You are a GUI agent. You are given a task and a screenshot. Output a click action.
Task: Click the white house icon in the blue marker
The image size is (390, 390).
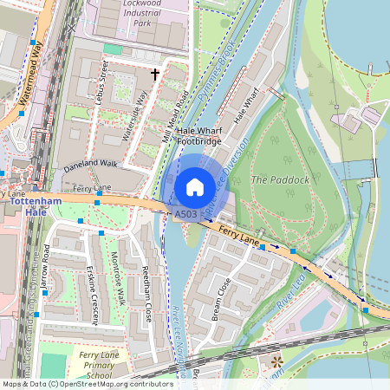(x=195, y=186)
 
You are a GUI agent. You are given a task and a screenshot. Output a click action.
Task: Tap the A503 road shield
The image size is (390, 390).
(x=185, y=213)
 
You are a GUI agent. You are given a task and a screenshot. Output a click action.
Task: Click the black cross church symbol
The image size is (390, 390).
(x=155, y=75)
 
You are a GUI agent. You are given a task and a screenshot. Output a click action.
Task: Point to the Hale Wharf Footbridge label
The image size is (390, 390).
(x=193, y=134)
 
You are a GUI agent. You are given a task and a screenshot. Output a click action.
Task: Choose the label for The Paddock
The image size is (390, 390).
(x=279, y=179)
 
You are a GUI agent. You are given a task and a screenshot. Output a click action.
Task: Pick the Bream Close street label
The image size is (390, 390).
(x=221, y=298)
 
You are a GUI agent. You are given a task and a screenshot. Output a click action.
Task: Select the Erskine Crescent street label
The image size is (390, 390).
(x=93, y=289)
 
